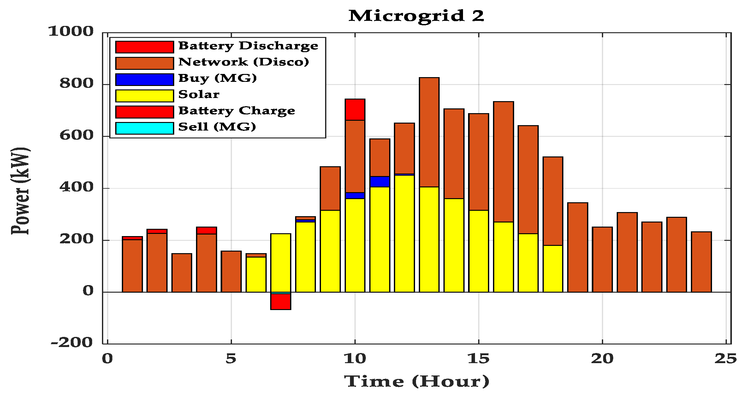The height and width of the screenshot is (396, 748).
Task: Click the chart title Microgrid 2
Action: pos(416,16)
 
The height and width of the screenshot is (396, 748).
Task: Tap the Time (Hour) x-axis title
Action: pos(417,381)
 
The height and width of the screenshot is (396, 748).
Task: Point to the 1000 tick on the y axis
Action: pos(71,31)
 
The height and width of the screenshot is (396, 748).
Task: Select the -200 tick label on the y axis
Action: pos(72,342)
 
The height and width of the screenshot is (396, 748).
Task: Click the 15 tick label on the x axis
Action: pos(478,358)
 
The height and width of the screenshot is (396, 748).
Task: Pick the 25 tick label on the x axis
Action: pos(726,358)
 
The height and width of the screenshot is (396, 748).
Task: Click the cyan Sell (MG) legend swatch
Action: pos(145,128)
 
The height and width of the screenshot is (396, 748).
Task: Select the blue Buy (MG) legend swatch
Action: pos(145,79)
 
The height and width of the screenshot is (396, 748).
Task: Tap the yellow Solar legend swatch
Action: pos(145,95)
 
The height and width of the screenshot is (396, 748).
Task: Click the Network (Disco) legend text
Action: pos(244,62)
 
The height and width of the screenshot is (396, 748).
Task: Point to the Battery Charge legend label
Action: pos(237,111)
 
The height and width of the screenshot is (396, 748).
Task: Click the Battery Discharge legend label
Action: pos(248,46)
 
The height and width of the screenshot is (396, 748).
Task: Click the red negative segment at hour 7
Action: pos(281,302)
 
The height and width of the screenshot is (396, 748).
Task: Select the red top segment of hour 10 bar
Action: pos(355,110)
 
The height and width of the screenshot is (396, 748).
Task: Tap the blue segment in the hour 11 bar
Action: pos(380,181)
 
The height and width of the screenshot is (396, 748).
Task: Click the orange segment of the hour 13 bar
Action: pos(429,132)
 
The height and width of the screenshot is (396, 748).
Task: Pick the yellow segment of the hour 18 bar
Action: pos(553,269)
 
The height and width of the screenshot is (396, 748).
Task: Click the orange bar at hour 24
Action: pos(701,262)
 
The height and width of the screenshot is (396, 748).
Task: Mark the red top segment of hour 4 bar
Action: pos(206,230)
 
